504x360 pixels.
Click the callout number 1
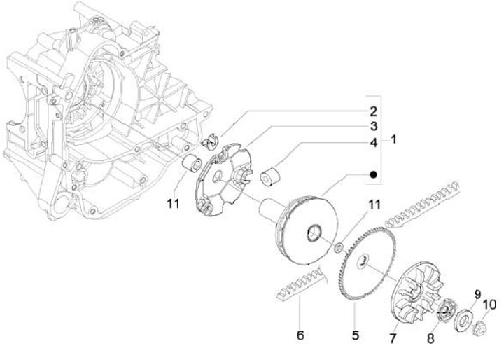click(x=393, y=139)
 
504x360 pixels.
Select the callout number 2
click(x=373, y=111)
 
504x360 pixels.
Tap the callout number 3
click(x=374, y=126)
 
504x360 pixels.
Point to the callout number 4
click(x=374, y=142)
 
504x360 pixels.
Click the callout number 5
click(x=355, y=335)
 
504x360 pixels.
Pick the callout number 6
click(x=300, y=335)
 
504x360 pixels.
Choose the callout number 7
click(x=393, y=338)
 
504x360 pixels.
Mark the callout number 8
click(x=430, y=338)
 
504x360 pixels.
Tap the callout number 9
click(x=477, y=293)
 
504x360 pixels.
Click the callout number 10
click(x=489, y=305)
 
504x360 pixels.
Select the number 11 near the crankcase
click(x=174, y=204)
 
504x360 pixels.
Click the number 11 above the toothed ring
click(x=374, y=205)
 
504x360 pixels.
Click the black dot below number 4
click(x=373, y=174)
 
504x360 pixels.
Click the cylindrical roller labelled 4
click(x=269, y=176)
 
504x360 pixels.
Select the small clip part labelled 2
click(x=210, y=141)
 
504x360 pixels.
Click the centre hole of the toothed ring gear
click(x=363, y=261)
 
